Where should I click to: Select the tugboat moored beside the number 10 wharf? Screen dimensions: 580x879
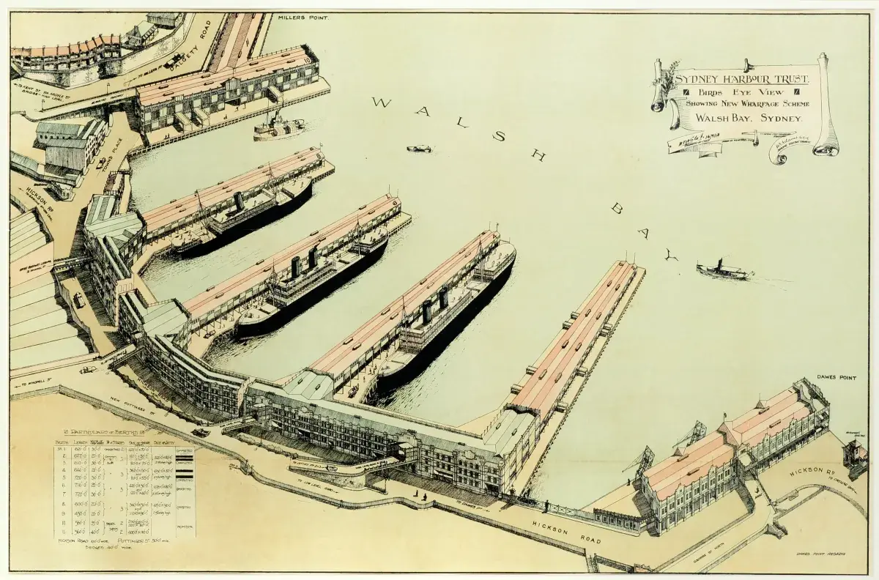click(x=278, y=126)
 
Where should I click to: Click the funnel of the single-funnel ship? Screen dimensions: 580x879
click(x=238, y=201)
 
